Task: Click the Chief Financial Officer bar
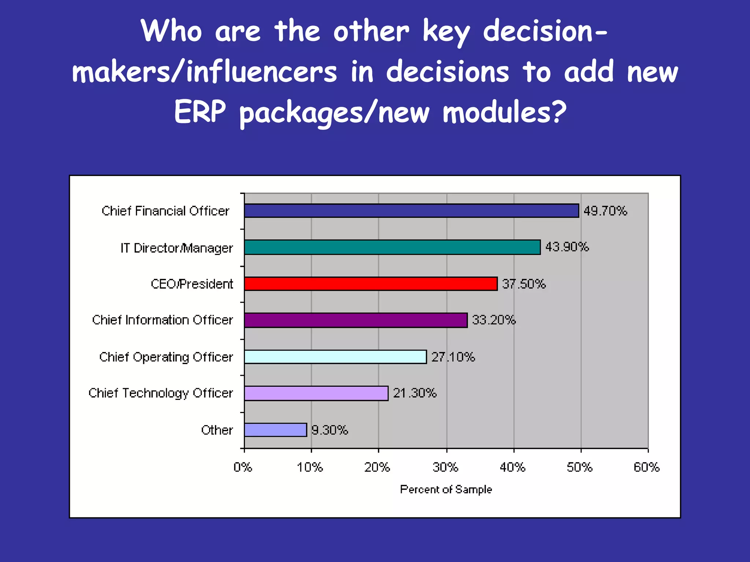click(411, 211)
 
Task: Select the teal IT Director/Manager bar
click(392, 247)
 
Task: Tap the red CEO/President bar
click(371, 284)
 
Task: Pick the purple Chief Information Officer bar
click(356, 320)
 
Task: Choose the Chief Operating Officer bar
click(335, 357)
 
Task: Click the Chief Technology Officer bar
click(316, 393)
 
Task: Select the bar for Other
click(275, 430)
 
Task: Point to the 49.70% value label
click(605, 211)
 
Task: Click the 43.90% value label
click(567, 247)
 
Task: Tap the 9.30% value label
click(330, 430)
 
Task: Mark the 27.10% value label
click(453, 357)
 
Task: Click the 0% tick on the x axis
click(243, 467)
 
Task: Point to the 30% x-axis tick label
click(445, 467)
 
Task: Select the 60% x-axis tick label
click(646, 467)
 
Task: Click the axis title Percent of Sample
click(446, 490)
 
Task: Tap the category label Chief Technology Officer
click(161, 393)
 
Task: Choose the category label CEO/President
click(192, 284)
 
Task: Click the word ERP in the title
click(200, 112)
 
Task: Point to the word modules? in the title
click(505, 112)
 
